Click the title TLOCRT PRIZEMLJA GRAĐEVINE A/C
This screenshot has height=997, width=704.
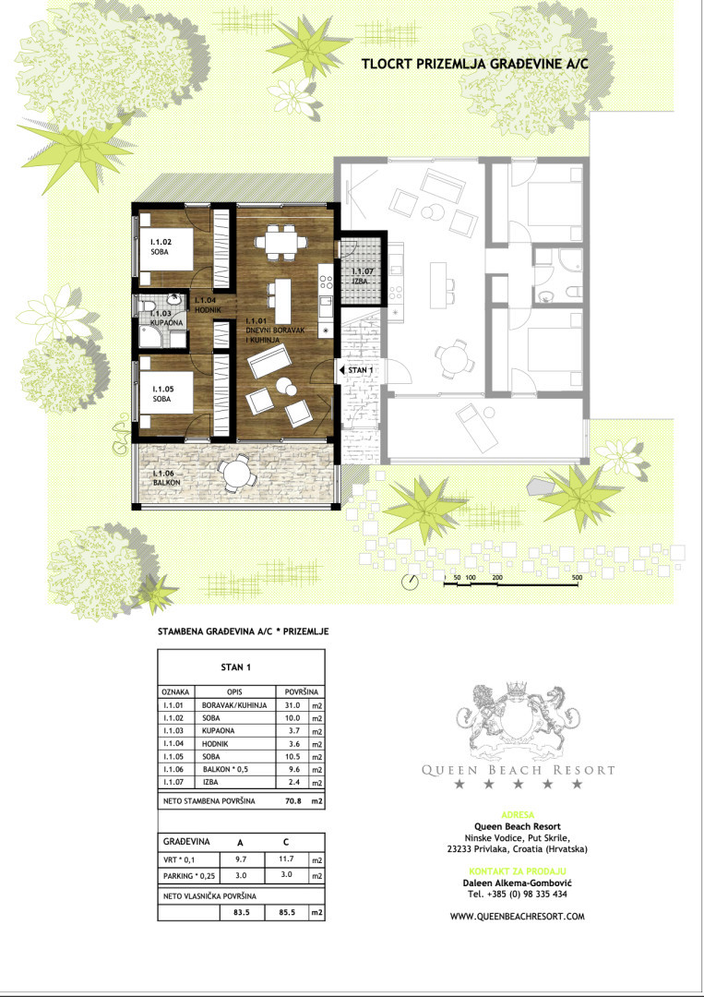click(474, 64)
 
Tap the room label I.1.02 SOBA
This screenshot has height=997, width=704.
click(161, 246)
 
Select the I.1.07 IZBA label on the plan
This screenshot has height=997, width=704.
click(363, 276)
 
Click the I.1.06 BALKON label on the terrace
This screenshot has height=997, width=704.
click(167, 477)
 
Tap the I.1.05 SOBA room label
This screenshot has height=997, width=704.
click(161, 393)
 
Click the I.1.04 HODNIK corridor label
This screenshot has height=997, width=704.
click(208, 305)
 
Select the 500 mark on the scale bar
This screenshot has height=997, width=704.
click(577, 577)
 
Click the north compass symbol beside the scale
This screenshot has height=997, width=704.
click(410, 581)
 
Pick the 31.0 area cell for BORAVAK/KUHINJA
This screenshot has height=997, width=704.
click(292, 705)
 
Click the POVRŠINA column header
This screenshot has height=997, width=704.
click(301, 691)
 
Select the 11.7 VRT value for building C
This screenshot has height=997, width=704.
click(286, 859)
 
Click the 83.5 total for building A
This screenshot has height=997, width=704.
click(241, 913)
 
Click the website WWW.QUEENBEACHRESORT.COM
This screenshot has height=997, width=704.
click(518, 917)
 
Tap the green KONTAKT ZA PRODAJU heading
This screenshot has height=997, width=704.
click(518, 871)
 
